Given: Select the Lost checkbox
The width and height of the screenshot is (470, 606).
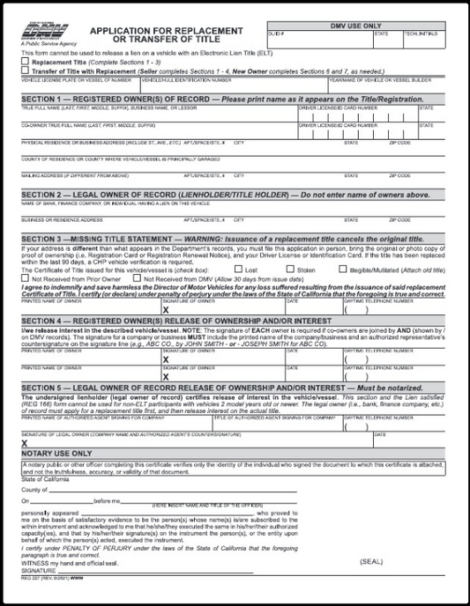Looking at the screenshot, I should (x=238, y=270).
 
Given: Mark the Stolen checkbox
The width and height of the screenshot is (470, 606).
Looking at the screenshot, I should (x=290, y=270).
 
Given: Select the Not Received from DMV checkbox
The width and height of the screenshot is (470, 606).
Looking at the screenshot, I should (x=122, y=277).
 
